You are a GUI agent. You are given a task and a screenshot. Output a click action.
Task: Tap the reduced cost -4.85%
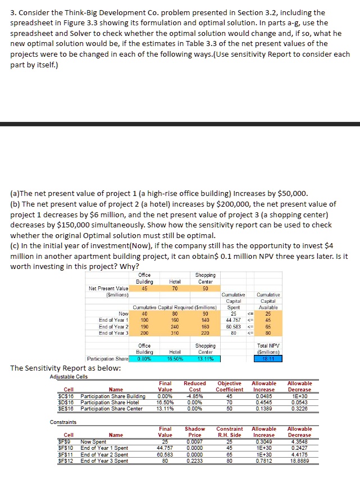tap(194, 396)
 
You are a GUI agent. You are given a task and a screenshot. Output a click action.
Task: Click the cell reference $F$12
tap(69, 461)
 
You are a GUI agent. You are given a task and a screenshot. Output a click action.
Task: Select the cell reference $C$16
tap(69, 396)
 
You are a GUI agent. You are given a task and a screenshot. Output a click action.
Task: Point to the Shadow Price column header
tap(194, 431)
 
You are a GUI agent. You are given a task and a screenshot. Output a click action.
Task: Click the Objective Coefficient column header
tap(230, 386)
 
